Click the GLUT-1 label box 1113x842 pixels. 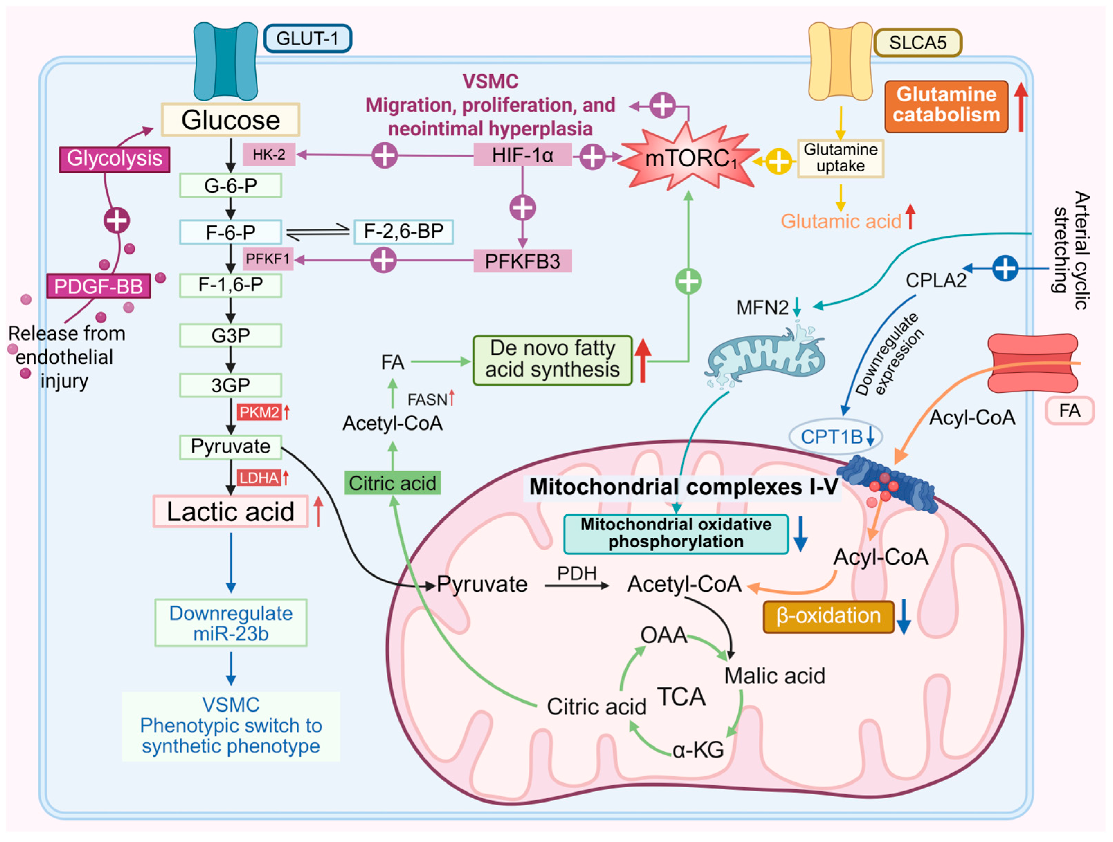(307, 39)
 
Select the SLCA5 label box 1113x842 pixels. (917, 43)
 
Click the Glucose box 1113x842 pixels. (231, 120)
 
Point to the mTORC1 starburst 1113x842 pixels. (689, 159)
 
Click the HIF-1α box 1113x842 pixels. (522, 155)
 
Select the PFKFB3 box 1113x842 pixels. (522, 261)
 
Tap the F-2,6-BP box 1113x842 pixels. (403, 232)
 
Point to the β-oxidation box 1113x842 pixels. (828, 616)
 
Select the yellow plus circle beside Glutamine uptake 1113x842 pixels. (778, 162)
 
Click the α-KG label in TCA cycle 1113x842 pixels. (698, 750)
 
